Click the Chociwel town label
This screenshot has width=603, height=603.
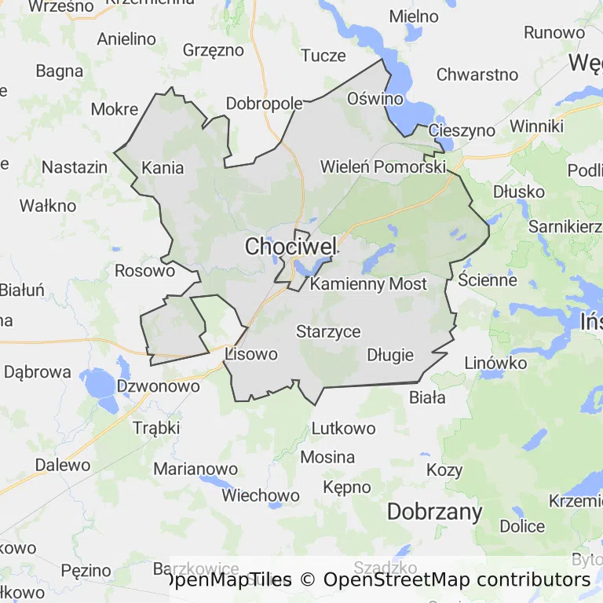tap(291, 247)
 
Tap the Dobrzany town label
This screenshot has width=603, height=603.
tap(434, 512)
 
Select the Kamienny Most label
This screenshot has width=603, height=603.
tap(368, 284)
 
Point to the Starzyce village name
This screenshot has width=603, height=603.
tap(328, 331)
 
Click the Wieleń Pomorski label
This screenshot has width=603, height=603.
tap(383, 167)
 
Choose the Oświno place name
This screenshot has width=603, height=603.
tap(375, 99)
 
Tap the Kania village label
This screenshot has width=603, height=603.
tap(163, 167)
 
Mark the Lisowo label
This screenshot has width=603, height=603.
tap(251, 354)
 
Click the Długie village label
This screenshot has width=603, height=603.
tap(390, 355)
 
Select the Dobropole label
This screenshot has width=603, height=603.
tap(265, 104)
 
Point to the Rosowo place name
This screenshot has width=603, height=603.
tap(144, 271)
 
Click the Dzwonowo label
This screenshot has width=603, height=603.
tap(158, 386)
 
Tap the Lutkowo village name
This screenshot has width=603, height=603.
tap(343, 429)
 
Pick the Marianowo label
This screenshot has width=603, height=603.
tap(196, 469)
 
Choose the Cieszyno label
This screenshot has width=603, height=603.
tap(462, 130)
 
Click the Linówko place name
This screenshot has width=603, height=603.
tap(495, 364)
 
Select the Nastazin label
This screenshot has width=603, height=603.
tap(74, 167)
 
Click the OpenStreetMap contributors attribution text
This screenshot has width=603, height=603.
tap(456, 580)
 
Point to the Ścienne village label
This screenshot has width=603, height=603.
tap(488, 280)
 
